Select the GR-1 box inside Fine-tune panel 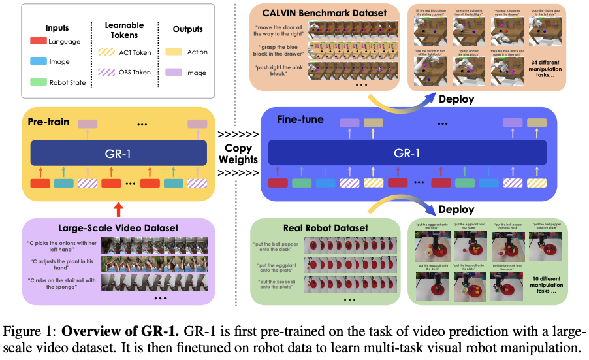406,154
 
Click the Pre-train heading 50,122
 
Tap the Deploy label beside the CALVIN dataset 457,100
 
